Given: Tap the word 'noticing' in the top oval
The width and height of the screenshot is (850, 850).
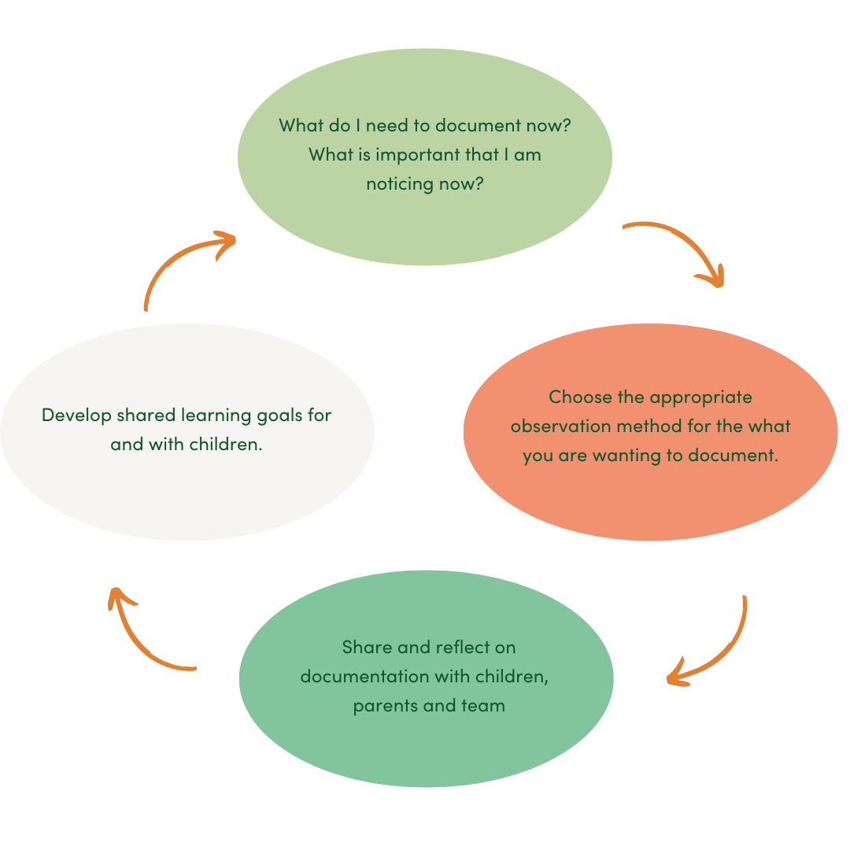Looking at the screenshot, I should tap(400, 184).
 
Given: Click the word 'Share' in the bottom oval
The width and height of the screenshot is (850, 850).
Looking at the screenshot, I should tap(366, 647).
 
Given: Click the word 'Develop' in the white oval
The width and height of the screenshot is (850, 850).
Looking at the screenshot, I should tap(76, 415).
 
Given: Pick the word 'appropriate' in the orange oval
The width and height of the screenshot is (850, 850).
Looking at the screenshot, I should tap(700, 397).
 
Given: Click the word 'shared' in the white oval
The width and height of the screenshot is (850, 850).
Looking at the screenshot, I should tap(148, 415).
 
